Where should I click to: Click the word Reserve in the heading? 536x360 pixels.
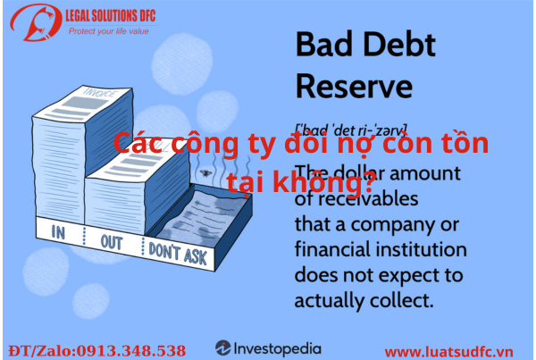click(x=354, y=88)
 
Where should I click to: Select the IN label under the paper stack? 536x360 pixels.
click(x=60, y=234)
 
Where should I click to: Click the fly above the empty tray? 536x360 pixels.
click(x=207, y=170)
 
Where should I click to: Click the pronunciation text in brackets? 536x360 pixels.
click(x=351, y=128)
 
